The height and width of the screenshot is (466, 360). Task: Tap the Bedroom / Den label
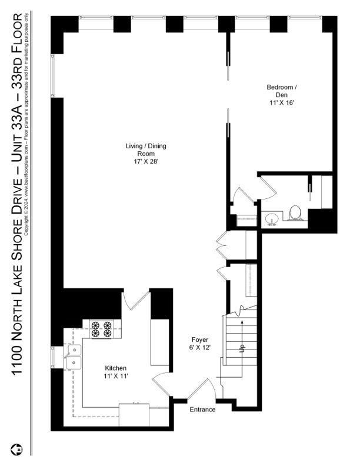tap(282, 91)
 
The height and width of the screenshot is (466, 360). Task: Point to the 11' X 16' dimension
tap(282, 102)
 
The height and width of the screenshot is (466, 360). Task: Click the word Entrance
tap(202, 410)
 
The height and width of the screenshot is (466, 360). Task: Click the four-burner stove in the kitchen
tap(102, 329)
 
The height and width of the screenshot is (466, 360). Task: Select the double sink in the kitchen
tap(74, 357)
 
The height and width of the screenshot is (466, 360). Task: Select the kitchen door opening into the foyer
tap(160, 384)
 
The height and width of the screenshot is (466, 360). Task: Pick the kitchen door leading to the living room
tap(135, 301)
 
